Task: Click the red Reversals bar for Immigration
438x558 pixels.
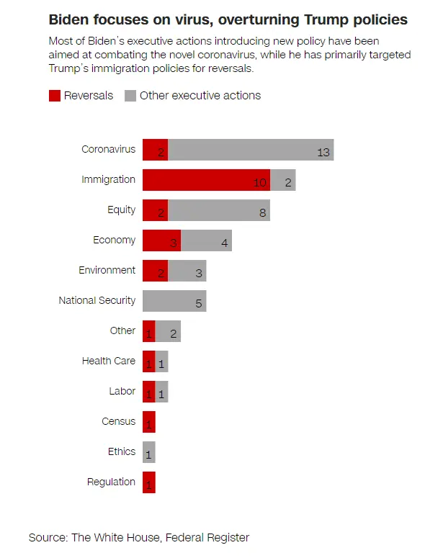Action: pyautogui.click(x=206, y=180)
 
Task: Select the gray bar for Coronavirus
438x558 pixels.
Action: pyautogui.click(x=251, y=150)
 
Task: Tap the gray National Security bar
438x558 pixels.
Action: pyautogui.click(x=174, y=301)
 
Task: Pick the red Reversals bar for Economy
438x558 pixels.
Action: pyautogui.click(x=161, y=240)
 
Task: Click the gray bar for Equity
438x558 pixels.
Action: pyautogui.click(x=219, y=210)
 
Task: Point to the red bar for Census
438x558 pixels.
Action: pyautogui.click(x=149, y=422)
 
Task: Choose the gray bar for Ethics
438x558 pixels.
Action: pyautogui.click(x=149, y=452)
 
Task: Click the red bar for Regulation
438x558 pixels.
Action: pyautogui.click(x=149, y=482)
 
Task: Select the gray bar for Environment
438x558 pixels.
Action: pyautogui.click(x=187, y=271)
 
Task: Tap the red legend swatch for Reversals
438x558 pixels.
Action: pyautogui.click(x=55, y=96)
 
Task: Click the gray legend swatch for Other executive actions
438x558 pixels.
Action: pyautogui.click(x=130, y=96)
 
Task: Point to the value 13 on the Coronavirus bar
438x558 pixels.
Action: pyautogui.click(x=323, y=152)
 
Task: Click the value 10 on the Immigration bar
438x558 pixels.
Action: pyautogui.click(x=260, y=182)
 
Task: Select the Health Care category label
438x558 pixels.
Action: pyautogui.click(x=108, y=361)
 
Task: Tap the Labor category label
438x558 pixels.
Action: pyautogui.click(x=122, y=391)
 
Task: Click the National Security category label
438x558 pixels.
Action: pyautogui.click(x=97, y=300)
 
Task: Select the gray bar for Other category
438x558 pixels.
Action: pyautogui.click(x=168, y=331)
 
